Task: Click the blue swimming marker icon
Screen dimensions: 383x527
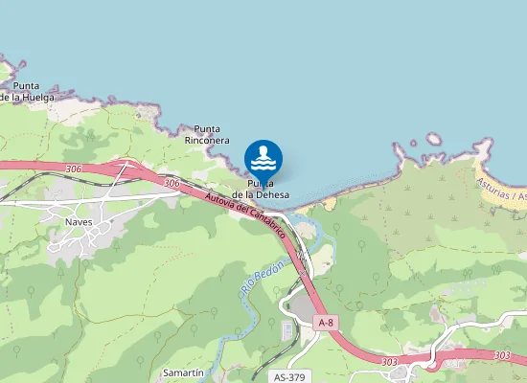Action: pyautogui.click(x=263, y=158)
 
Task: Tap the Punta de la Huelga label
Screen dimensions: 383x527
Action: pyautogui.click(x=27, y=91)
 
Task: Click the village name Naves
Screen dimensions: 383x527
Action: pyautogui.click(x=79, y=221)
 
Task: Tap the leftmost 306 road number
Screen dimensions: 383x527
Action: pyautogui.click(x=74, y=168)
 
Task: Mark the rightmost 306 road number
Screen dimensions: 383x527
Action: pyautogui.click(x=172, y=183)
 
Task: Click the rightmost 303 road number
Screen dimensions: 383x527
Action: pyautogui.click(x=502, y=355)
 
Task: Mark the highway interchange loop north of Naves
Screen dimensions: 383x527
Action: pyautogui.click(x=126, y=170)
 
